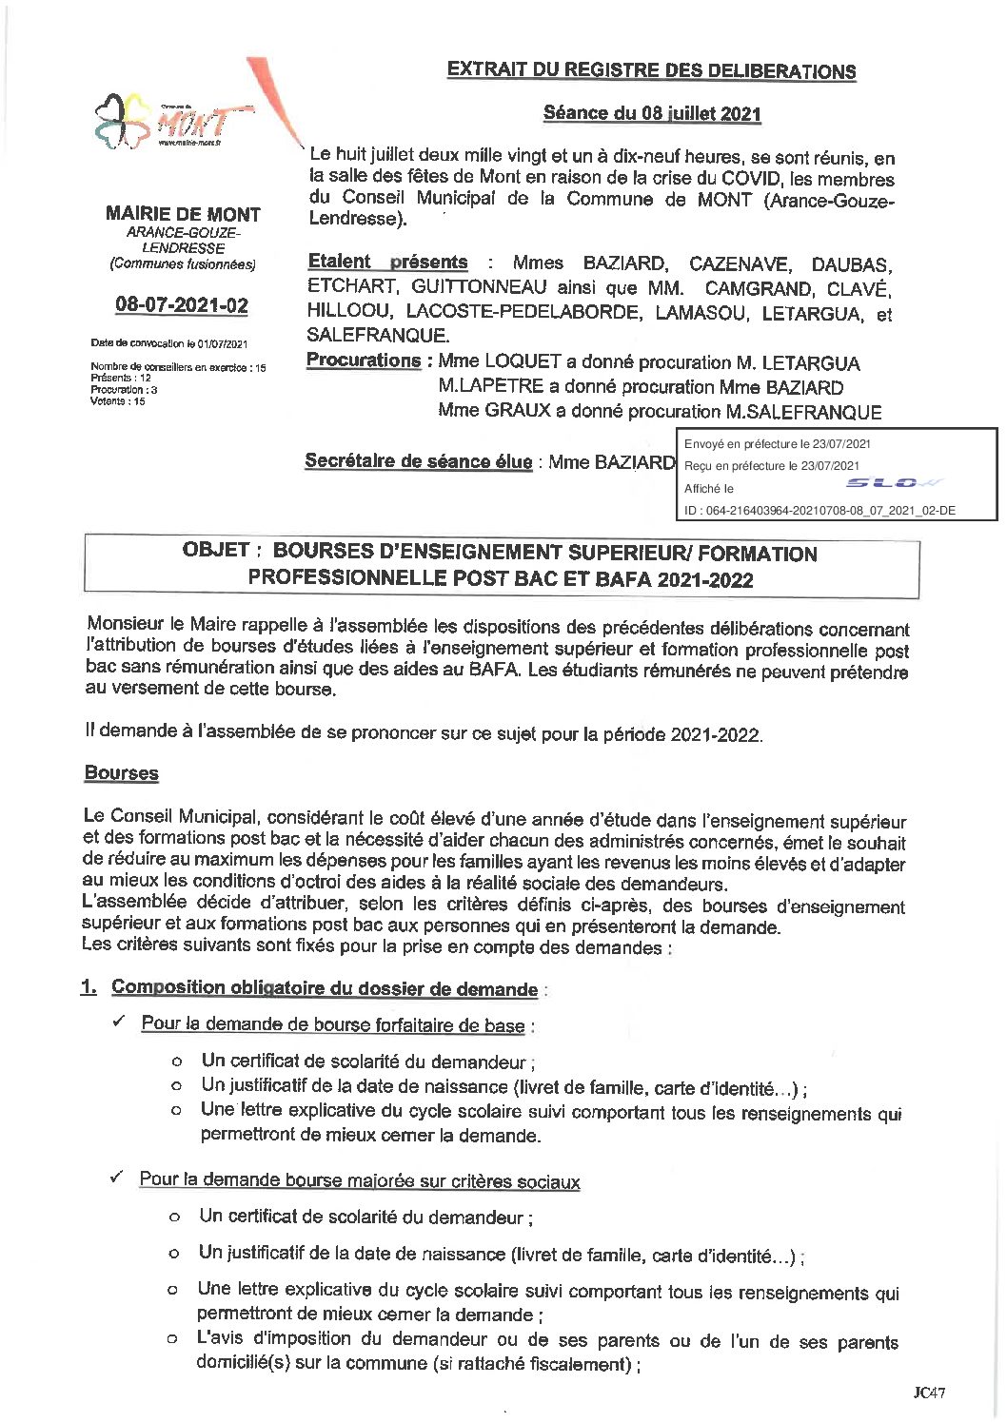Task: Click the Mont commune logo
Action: click(171, 121)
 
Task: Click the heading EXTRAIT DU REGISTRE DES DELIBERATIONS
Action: click(651, 70)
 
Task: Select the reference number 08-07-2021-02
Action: click(182, 305)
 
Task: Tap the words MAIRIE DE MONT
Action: click(183, 214)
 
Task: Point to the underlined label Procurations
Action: click(363, 360)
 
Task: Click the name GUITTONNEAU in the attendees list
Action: click(479, 287)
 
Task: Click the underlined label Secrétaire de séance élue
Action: click(418, 461)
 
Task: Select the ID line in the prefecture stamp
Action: click(819, 511)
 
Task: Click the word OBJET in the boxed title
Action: click(216, 551)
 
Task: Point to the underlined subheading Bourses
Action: click(121, 773)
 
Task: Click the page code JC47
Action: click(929, 1393)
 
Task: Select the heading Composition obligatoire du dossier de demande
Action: click(324, 988)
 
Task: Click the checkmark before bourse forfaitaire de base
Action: click(119, 1022)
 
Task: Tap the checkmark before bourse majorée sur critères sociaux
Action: click(116, 1178)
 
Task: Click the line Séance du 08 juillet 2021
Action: click(652, 113)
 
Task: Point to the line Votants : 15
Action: click(118, 401)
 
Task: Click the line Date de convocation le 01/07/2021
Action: click(169, 343)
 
